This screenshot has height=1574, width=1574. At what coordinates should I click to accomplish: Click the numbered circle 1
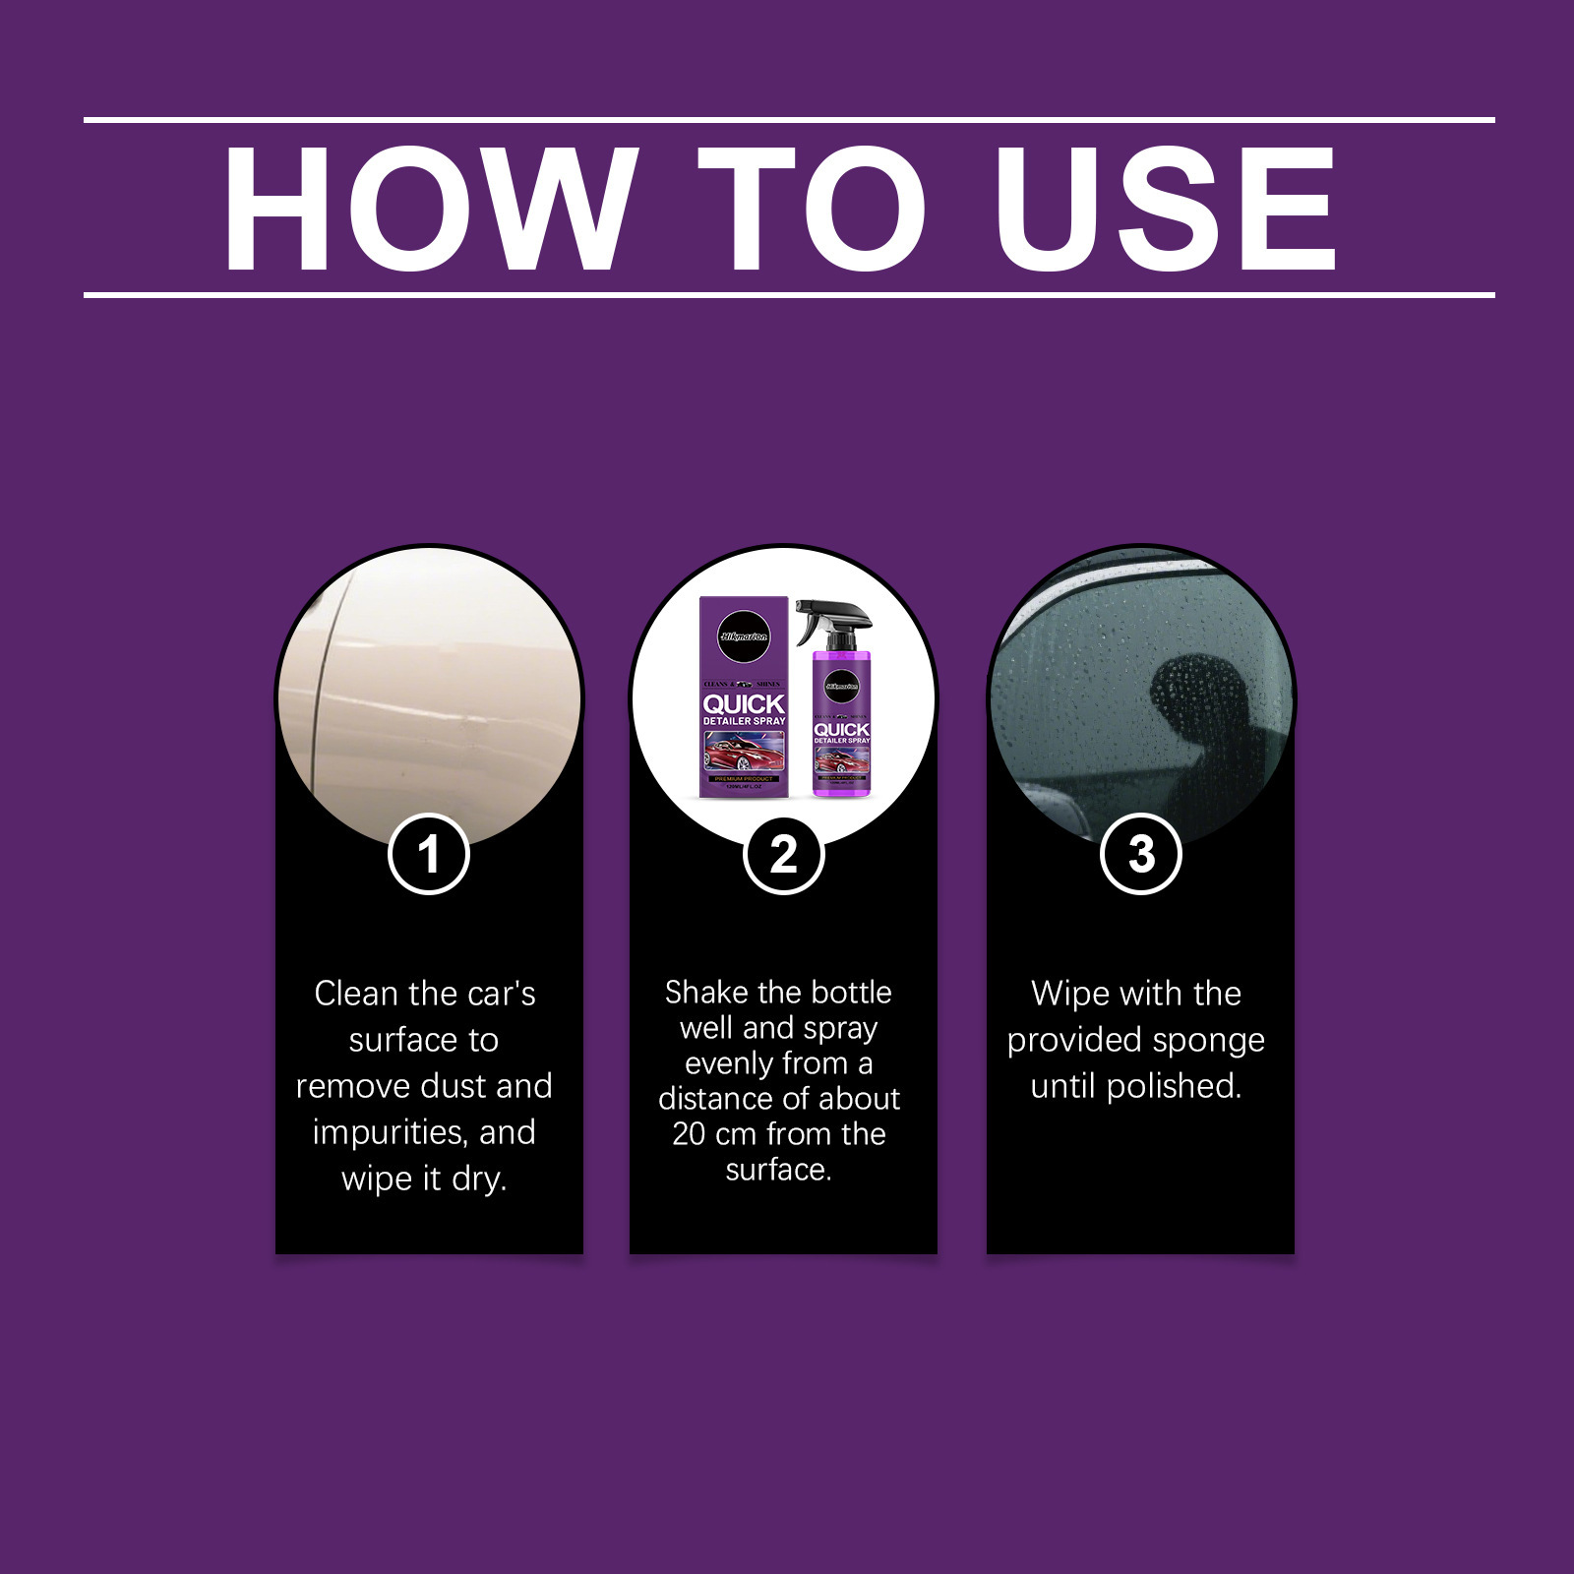coord(428,854)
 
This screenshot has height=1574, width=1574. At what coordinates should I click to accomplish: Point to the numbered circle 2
coord(783,854)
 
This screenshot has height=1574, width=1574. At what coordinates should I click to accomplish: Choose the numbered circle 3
coord(1140,854)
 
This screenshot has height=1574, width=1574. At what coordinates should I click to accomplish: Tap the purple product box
coord(744,698)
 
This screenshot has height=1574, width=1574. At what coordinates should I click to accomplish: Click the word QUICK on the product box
coord(744,704)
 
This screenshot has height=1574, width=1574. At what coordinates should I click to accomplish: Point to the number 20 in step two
coord(688,1134)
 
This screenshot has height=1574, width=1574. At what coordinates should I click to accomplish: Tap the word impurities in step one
coord(390,1133)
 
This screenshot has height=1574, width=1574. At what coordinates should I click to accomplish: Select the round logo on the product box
coord(744,636)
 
